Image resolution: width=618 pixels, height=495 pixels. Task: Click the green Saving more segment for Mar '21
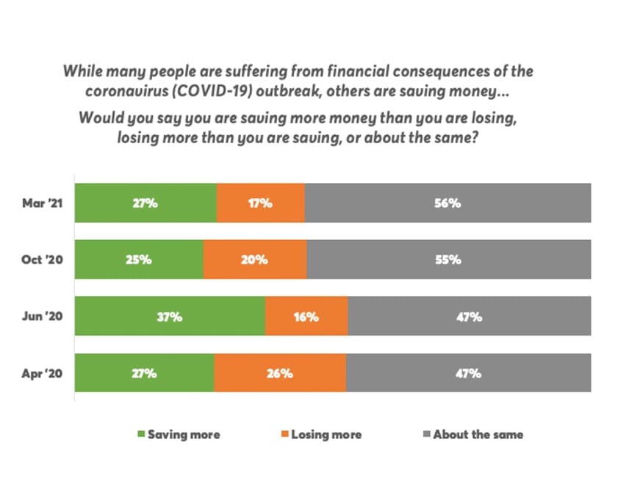click(145, 203)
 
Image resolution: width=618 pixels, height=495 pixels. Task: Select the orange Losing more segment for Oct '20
click(254, 260)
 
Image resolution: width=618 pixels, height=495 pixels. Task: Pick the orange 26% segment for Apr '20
click(280, 373)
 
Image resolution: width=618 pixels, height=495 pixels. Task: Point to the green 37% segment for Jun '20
click(170, 317)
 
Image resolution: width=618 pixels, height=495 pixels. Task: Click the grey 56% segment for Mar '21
click(448, 203)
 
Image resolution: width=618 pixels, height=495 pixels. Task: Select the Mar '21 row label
click(43, 203)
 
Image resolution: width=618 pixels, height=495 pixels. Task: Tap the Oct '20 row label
click(43, 260)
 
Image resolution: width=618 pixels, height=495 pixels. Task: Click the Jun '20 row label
click(43, 317)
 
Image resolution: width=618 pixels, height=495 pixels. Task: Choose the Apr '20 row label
click(43, 373)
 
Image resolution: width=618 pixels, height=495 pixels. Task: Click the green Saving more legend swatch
click(142, 434)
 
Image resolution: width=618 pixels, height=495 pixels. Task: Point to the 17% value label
click(260, 203)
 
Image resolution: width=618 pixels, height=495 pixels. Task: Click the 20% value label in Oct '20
click(254, 260)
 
